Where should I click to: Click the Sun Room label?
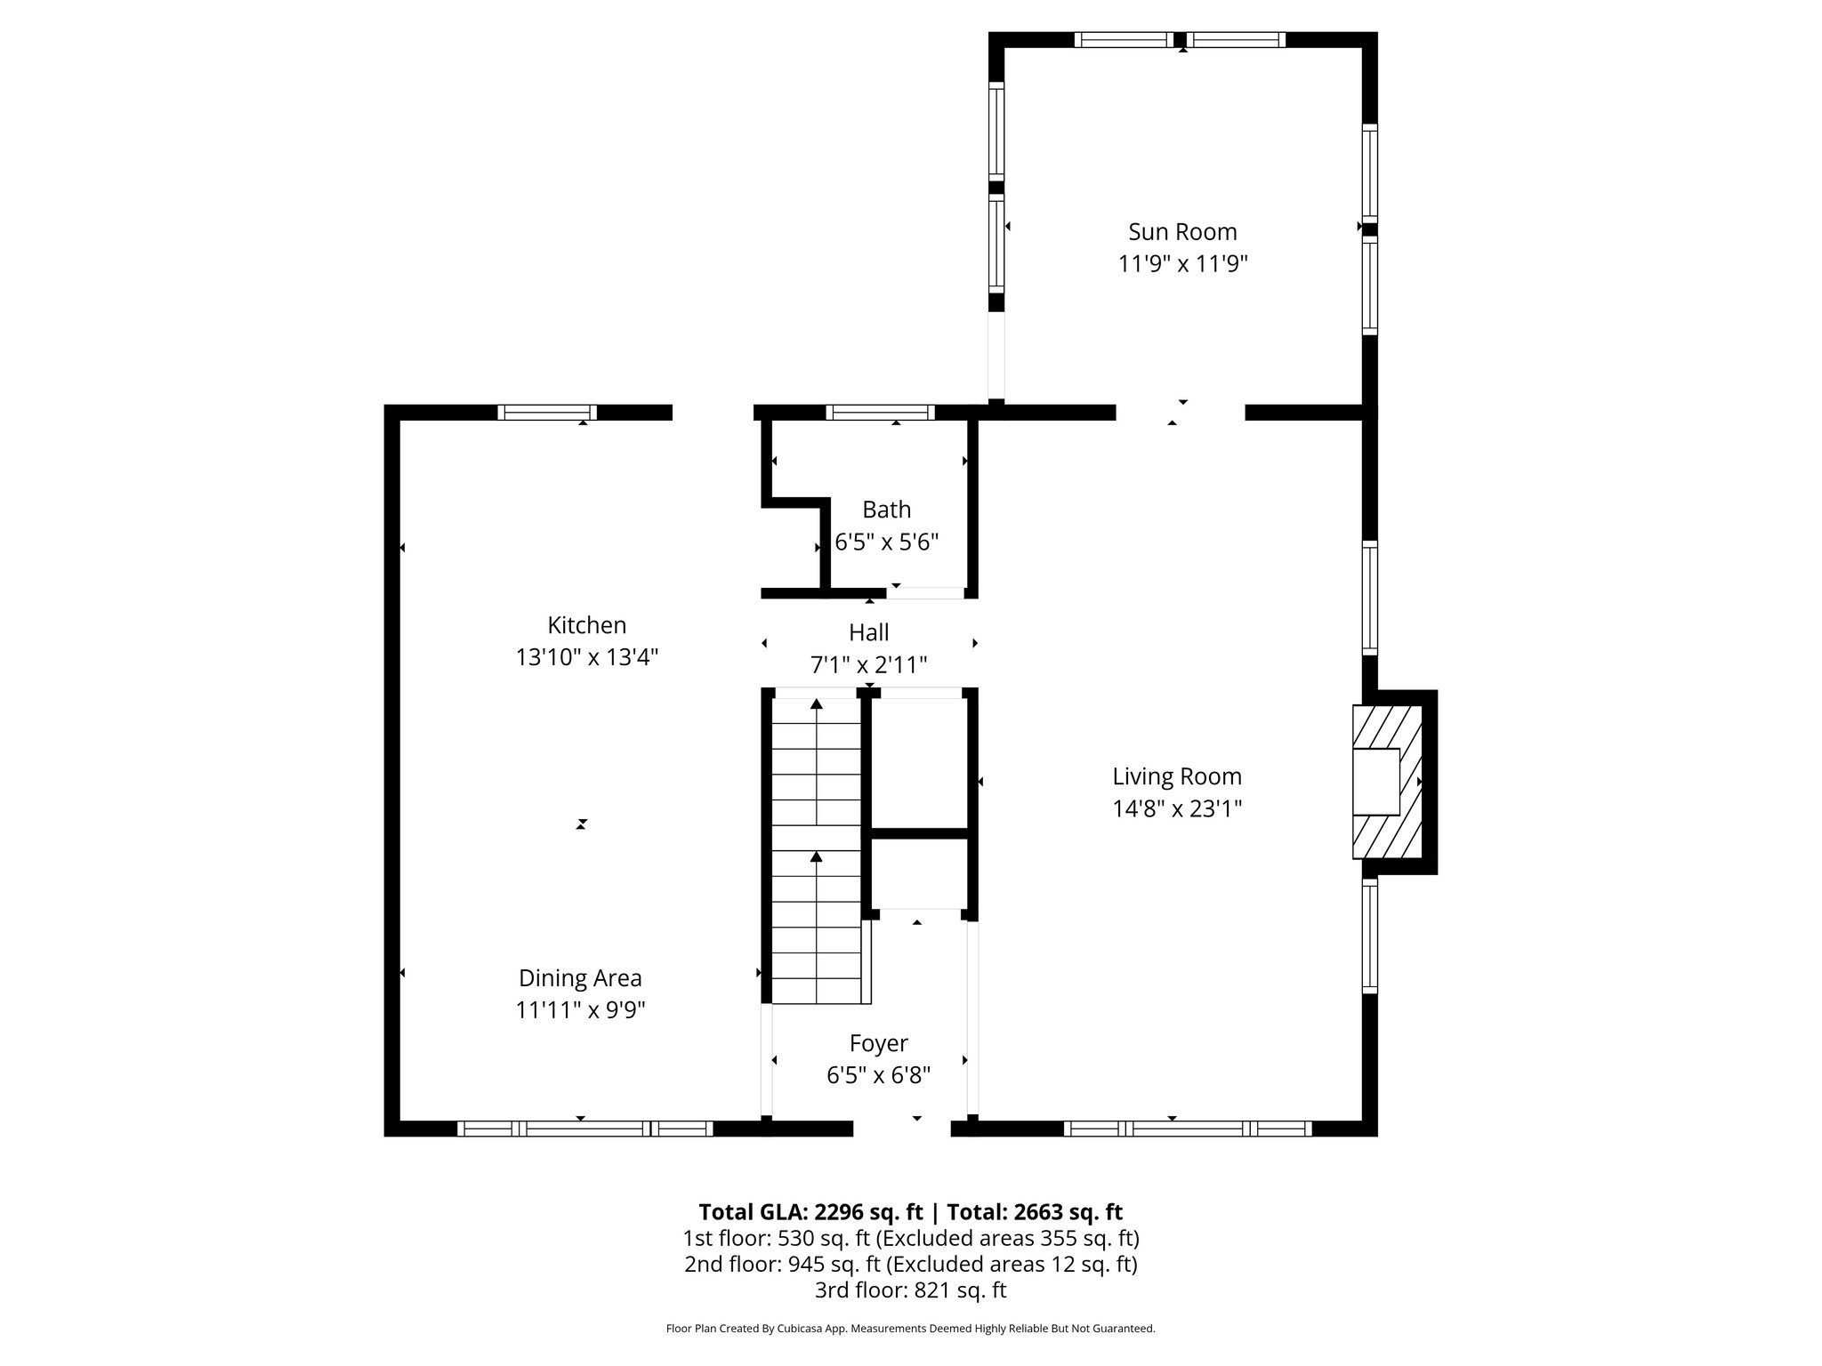click(1182, 232)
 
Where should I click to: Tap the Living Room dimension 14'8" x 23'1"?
click(1177, 808)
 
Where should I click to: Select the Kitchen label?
click(586, 625)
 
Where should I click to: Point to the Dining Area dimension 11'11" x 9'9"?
click(580, 1010)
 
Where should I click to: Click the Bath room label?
click(886, 510)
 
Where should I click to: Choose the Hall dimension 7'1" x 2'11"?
click(868, 664)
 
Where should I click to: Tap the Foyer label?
click(878, 1043)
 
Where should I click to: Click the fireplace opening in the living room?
click(1376, 782)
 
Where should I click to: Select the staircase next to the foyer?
click(816, 849)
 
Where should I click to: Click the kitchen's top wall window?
click(546, 412)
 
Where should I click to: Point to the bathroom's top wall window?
click(880, 412)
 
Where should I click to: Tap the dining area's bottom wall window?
click(584, 1129)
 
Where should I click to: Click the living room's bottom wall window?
click(1187, 1129)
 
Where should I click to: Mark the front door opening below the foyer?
click(902, 1129)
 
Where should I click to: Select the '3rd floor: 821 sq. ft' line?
click(910, 1290)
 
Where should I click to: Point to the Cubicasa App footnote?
click(910, 1329)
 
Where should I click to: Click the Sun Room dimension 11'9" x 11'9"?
click(1182, 264)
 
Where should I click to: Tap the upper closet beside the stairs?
click(920, 763)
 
